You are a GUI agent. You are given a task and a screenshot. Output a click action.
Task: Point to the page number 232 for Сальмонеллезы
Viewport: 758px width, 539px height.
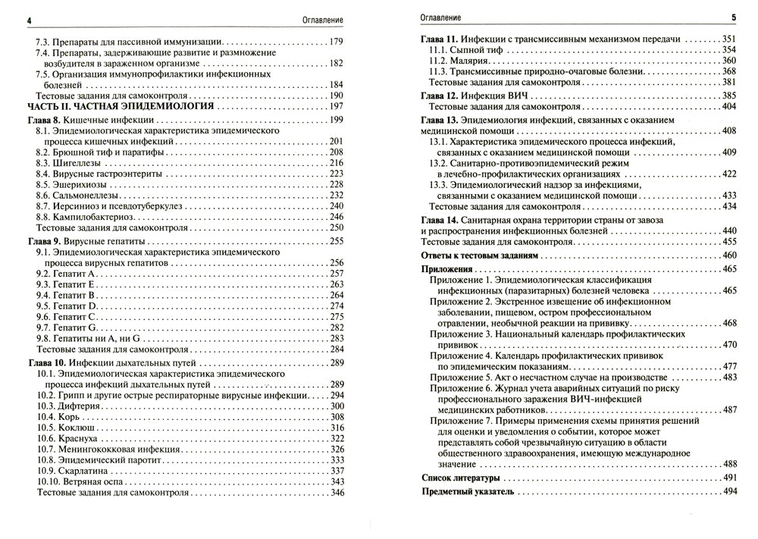[x=337, y=196]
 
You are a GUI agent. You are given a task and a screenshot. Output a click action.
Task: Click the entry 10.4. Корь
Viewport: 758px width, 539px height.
[x=63, y=416]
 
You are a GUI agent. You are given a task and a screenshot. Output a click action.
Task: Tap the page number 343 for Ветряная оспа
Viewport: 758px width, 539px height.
[x=337, y=481]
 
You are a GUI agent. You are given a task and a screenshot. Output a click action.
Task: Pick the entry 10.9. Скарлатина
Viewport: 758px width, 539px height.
[x=77, y=471]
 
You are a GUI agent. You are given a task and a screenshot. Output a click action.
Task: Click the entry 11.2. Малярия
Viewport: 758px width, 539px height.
[x=456, y=60]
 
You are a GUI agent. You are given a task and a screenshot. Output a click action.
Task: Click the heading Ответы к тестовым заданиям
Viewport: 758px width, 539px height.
[x=479, y=256]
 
